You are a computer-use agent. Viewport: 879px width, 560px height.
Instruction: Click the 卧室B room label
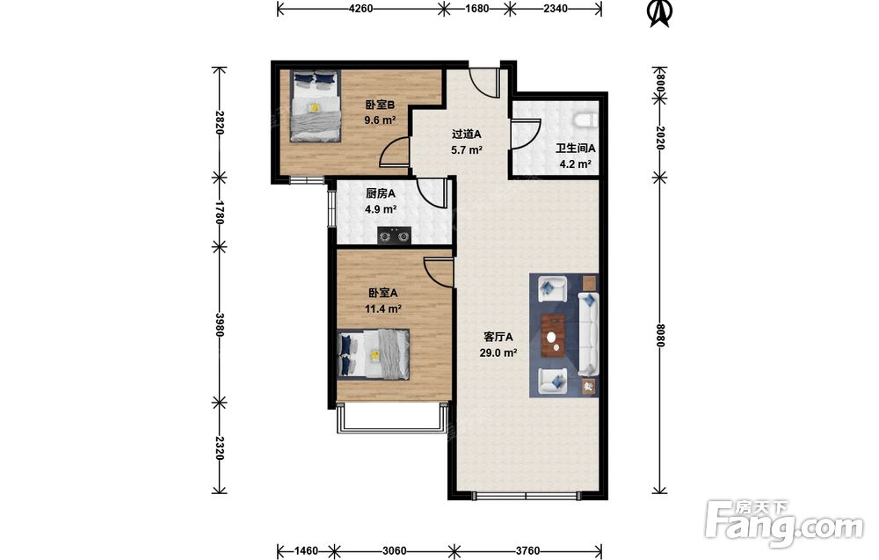[381, 105]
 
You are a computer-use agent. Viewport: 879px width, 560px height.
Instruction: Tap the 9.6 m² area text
[381, 120]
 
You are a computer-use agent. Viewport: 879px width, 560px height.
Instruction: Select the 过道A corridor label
[467, 135]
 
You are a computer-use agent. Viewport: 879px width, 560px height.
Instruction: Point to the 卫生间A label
[575, 149]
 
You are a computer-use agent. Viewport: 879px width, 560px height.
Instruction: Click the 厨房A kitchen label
[381, 194]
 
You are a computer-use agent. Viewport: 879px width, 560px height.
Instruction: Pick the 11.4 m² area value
[383, 309]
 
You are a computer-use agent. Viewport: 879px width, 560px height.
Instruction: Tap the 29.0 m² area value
[498, 353]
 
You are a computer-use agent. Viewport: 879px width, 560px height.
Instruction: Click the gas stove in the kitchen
[394, 236]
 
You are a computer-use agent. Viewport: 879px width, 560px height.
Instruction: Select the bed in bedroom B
[315, 105]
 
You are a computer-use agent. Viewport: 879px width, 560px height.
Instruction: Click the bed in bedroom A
[374, 354]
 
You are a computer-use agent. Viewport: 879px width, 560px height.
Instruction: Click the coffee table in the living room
[554, 336]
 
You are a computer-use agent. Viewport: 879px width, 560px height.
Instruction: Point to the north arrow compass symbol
[660, 13]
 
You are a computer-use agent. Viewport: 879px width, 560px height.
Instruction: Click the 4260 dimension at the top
[361, 8]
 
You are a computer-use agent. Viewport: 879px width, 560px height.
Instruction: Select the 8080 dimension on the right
[660, 335]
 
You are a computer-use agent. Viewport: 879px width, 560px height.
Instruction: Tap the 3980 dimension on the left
[219, 324]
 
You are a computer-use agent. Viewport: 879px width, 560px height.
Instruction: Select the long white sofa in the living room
[588, 333]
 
